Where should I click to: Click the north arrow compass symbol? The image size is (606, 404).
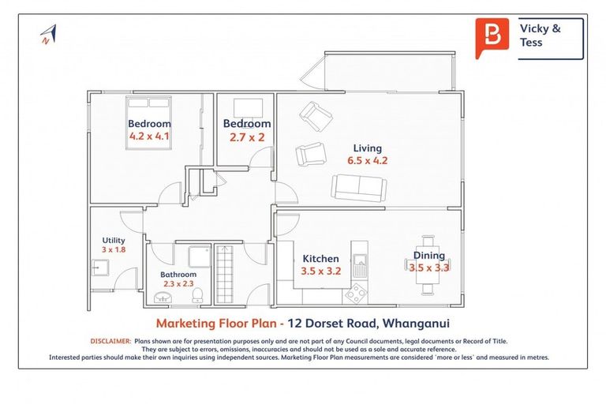(48, 34)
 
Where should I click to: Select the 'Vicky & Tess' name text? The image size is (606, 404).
(541, 36)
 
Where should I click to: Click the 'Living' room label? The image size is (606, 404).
(367, 148)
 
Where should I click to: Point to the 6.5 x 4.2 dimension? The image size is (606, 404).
(367, 160)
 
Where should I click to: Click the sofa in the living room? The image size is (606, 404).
(358, 189)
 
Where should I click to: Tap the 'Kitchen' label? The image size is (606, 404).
(320, 258)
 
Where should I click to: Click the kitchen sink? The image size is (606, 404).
(360, 260)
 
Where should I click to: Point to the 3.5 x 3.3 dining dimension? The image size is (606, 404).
(428, 267)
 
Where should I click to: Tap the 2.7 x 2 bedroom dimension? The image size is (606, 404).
(246, 137)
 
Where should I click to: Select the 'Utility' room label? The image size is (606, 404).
(114, 241)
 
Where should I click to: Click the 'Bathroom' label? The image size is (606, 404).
(178, 274)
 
